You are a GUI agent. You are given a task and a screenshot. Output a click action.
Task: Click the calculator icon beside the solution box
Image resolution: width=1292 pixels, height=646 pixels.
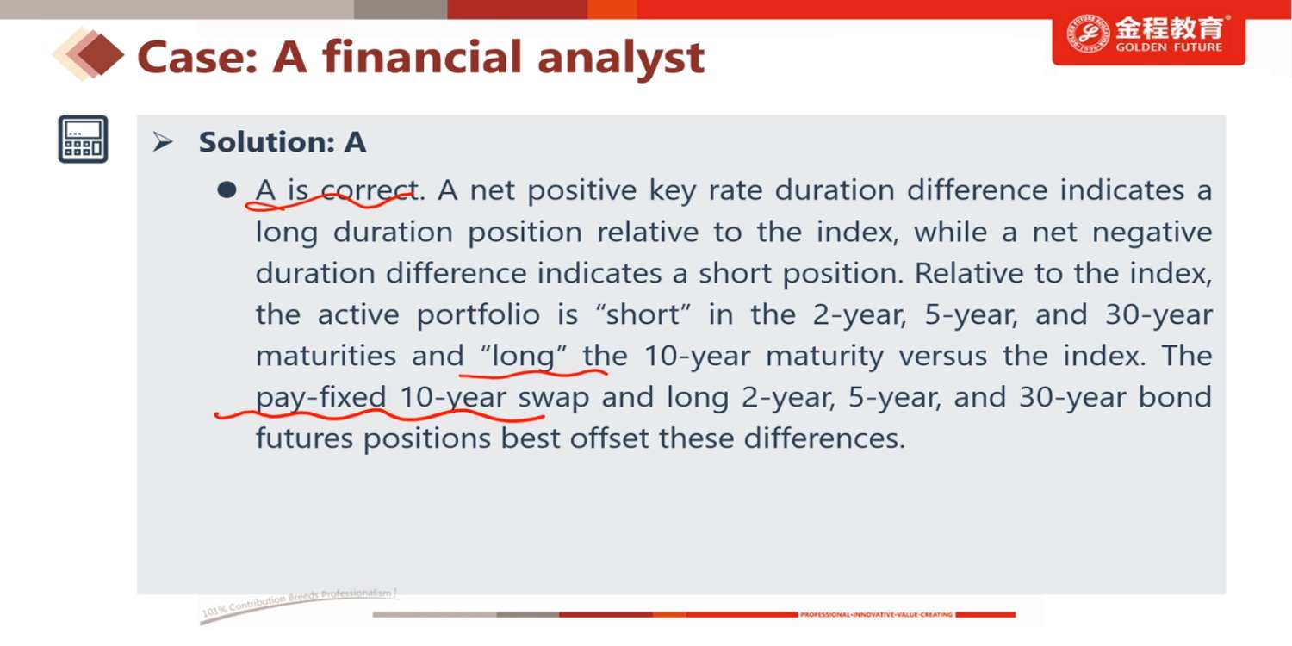tap(83, 139)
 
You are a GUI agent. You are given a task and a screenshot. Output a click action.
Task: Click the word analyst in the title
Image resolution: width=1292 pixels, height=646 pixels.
tap(621, 59)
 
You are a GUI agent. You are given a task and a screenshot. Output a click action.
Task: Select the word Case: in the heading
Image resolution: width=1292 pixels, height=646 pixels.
tap(197, 57)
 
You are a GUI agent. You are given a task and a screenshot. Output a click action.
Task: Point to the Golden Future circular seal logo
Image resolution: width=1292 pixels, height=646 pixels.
tap(1087, 34)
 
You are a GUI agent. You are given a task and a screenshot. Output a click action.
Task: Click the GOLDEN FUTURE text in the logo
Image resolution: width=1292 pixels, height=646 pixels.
tap(1169, 47)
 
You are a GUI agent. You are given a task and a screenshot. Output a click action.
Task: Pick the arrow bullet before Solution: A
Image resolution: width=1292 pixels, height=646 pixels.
tap(163, 142)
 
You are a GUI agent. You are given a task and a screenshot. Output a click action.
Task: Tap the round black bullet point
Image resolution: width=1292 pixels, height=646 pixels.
tap(227, 190)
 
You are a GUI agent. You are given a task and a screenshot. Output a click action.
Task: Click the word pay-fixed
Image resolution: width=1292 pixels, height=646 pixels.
tap(320, 398)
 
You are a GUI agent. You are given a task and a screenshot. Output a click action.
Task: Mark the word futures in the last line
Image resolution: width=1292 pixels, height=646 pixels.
tap(304, 439)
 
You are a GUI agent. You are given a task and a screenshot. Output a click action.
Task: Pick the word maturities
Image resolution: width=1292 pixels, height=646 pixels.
tap(326, 356)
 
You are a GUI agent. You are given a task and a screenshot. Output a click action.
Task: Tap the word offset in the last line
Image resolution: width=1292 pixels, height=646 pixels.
tap(608, 438)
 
